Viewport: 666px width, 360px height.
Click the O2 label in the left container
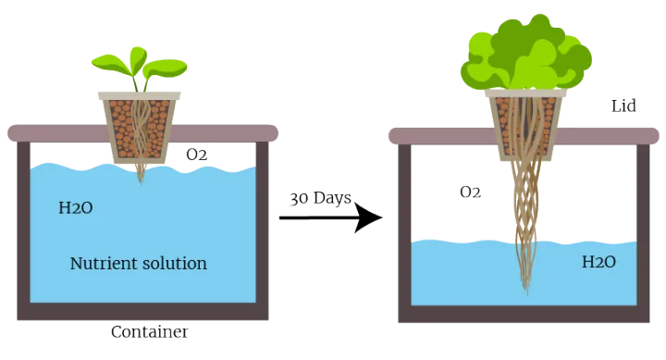(197, 155)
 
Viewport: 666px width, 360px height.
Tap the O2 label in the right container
(470, 192)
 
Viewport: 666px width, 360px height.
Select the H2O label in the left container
(76, 208)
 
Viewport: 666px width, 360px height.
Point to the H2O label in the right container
(598, 262)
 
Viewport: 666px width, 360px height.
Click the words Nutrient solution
(139, 263)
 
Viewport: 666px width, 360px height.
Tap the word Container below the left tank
(150, 331)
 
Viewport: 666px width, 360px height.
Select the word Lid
(623, 106)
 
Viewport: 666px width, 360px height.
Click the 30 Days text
(321, 198)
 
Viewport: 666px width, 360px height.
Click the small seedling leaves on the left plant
(140, 66)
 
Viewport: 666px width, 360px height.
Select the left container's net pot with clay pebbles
(140, 128)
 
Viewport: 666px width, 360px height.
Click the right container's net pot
(525, 125)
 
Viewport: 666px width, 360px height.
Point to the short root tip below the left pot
(141, 174)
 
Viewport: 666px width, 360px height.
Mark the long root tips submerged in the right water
(526, 267)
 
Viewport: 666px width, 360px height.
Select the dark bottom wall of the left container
(142, 312)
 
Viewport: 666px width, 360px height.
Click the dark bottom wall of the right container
(524, 314)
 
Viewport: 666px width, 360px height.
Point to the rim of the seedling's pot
(140, 95)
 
